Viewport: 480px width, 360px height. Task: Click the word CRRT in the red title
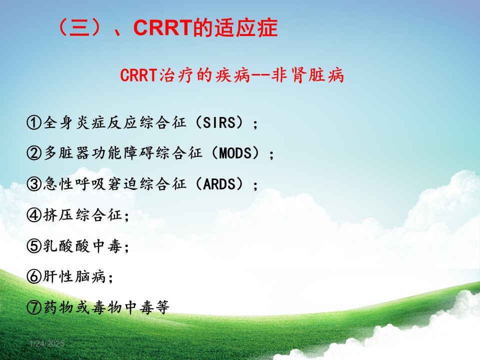click(163, 27)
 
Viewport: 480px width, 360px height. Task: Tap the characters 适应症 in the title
click(246, 27)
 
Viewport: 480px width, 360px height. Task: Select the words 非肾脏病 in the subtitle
click(307, 75)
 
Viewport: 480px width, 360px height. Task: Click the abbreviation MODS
click(235, 153)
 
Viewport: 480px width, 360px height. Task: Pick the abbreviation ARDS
click(219, 184)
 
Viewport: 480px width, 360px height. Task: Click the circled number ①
click(34, 122)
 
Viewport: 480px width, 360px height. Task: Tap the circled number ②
click(34, 153)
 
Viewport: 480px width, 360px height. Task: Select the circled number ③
click(34, 184)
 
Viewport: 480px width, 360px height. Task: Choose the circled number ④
click(34, 215)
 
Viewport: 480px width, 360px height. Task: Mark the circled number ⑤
click(34, 245)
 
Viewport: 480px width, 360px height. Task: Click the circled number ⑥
click(34, 276)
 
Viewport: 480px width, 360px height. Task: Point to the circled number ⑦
click(34, 307)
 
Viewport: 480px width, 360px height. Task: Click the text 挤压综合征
click(82, 214)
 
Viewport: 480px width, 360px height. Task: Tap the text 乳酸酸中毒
click(82, 245)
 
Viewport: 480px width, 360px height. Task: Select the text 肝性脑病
click(74, 276)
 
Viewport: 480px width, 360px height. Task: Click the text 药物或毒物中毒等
click(106, 307)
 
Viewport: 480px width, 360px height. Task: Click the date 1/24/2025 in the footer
click(47, 344)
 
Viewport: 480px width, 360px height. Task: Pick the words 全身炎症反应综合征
click(115, 122)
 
